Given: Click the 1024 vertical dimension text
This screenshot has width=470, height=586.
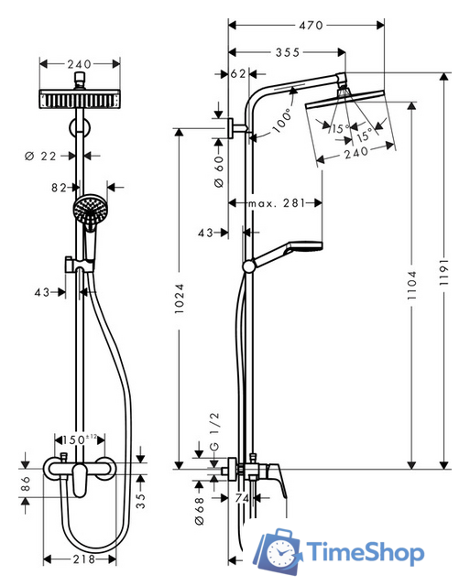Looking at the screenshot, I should pos(180,299).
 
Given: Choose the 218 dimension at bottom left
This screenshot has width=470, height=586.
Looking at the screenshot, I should pos(85,559).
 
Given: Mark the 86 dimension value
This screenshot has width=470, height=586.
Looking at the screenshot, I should pos(23,488).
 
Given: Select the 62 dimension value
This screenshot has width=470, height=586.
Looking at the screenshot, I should pos(238,73).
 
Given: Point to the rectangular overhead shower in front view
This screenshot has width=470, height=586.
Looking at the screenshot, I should pos(81,98).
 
